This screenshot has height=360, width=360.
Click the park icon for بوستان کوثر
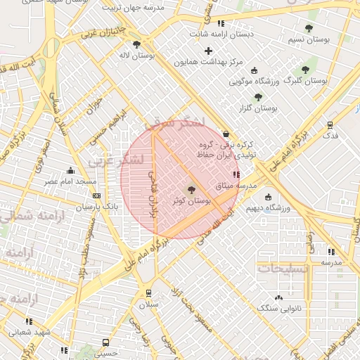191,189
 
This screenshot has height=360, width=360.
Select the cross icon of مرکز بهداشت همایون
208,51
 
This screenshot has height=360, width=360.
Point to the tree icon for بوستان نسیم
309,28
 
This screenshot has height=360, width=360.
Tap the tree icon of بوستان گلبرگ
304,69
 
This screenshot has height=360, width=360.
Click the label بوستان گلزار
257,109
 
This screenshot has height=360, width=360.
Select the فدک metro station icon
330,124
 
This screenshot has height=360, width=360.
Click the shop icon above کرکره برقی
226,134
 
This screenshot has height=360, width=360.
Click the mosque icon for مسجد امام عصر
70,170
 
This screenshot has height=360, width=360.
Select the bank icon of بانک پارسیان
96,196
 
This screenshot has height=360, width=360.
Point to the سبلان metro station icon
148,293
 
